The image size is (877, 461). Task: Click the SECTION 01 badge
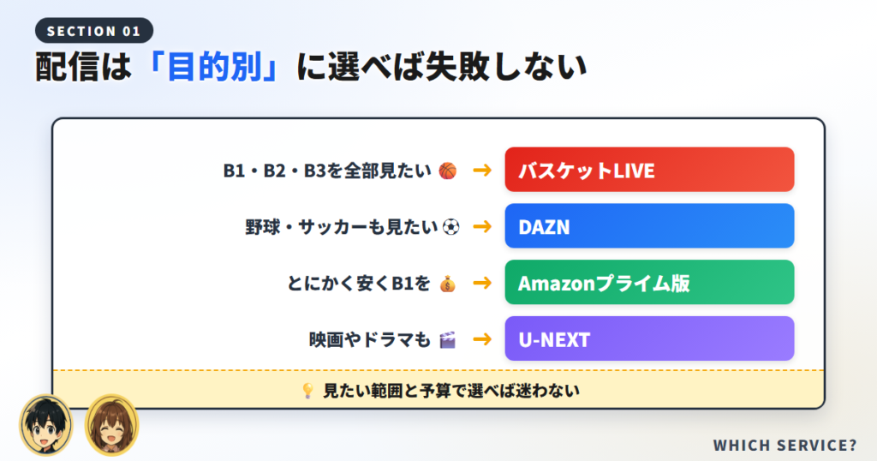(x=94, y=31)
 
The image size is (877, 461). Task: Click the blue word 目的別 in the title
(x=215, y=67)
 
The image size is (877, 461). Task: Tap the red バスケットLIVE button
(x=649, y=170)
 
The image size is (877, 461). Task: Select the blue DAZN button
(x=649, y=226)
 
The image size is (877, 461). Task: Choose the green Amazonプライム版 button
(x=649, y=283)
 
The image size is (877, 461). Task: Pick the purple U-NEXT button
(x=649, y=339)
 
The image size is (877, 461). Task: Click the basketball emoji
(x=447, y=171)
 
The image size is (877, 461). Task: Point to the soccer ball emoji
(x=450, y=227)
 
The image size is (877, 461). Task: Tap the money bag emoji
(x=447, y=284)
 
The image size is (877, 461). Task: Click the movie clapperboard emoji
(x=447, y=339)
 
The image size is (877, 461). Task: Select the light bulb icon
(x=307, y=391)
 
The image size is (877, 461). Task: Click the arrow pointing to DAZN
(x=482, y=226)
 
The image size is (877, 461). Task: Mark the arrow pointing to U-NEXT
(x=482, y=339)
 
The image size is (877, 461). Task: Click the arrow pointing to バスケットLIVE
(x=482, y=170)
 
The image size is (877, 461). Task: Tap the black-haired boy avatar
(x=46, y=425)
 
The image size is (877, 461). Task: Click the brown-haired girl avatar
(x=111, y=425)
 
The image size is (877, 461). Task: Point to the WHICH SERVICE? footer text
(x=785, y=446)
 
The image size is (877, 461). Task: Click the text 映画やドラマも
(x=370, y=339)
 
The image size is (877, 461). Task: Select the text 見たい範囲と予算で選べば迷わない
(x=451, y=391)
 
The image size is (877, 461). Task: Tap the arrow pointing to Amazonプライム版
(x=482, y=283)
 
